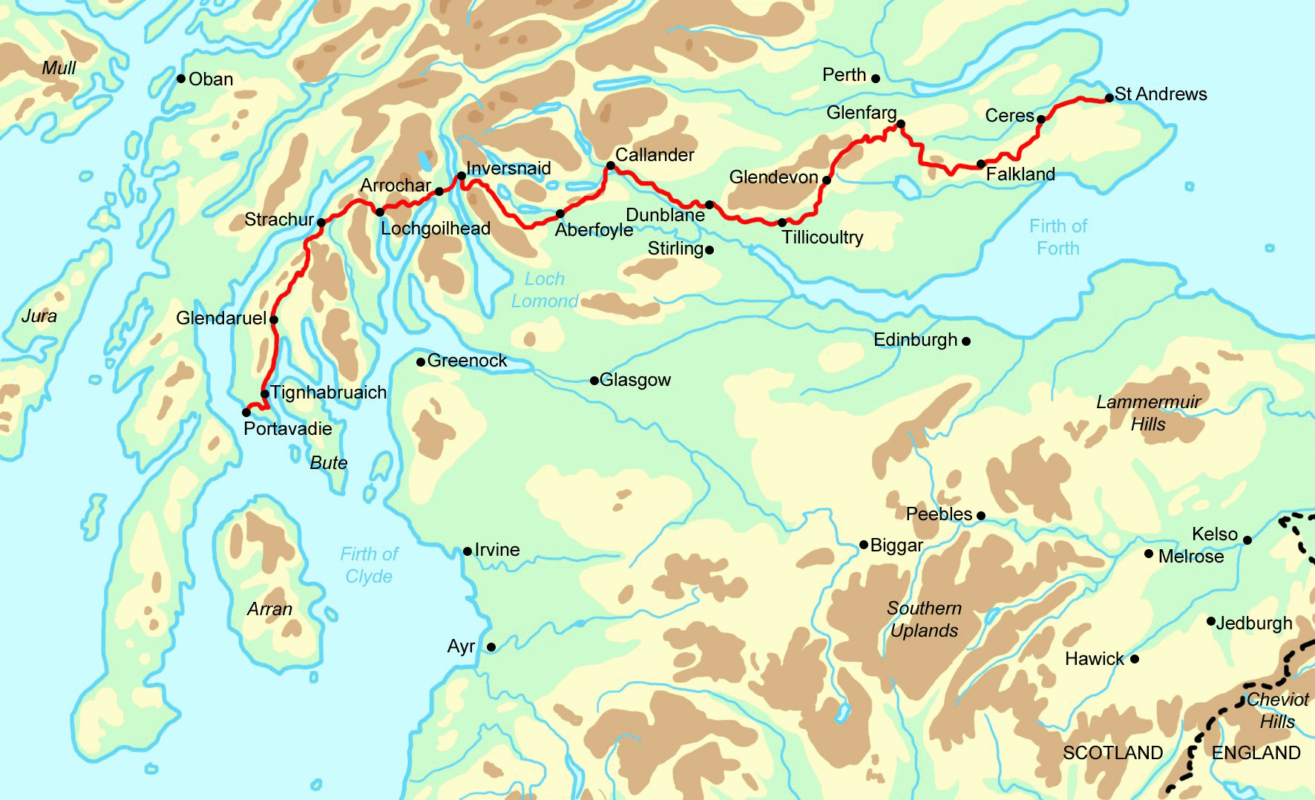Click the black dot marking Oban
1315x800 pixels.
181,79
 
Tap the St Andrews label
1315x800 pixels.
1161,94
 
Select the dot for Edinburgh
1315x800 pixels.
966,341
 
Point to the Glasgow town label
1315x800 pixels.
635,380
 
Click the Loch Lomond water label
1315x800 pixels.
545,290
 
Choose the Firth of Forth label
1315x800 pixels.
1058,237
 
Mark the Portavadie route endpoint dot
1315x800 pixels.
246,413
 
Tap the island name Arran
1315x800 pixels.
269,609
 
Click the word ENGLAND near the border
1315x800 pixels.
1256,753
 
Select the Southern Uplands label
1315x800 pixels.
925,619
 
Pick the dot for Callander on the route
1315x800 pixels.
610,165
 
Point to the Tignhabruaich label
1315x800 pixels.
329,393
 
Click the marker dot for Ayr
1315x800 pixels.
491,647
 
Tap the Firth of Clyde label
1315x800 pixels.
369,565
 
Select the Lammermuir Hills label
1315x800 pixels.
1148,413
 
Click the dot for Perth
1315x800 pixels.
876,79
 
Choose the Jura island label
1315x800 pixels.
39,316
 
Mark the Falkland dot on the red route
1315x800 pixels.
981,165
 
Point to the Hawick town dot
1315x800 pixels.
1134,659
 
